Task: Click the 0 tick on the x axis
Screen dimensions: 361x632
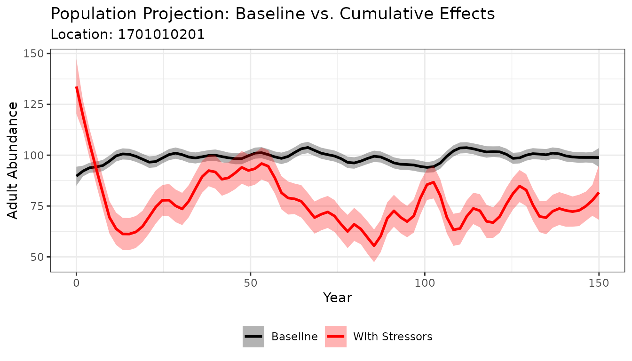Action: [x=76, y=283]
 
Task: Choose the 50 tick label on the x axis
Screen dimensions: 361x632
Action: [x=251, y=283]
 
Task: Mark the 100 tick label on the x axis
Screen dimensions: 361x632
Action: [x=425, y=283]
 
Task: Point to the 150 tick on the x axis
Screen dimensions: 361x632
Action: [x=599, y=283]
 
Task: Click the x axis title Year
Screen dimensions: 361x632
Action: [x=337, y=298]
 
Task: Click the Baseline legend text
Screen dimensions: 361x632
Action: [x=294, y=337]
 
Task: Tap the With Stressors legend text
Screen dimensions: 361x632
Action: [x=393, y=337]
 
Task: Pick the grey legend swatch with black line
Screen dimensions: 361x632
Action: [x=254, y=337]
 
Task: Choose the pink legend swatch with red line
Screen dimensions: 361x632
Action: [x=336, y=337]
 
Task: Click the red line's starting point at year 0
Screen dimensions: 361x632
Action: [x=76, y=87]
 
